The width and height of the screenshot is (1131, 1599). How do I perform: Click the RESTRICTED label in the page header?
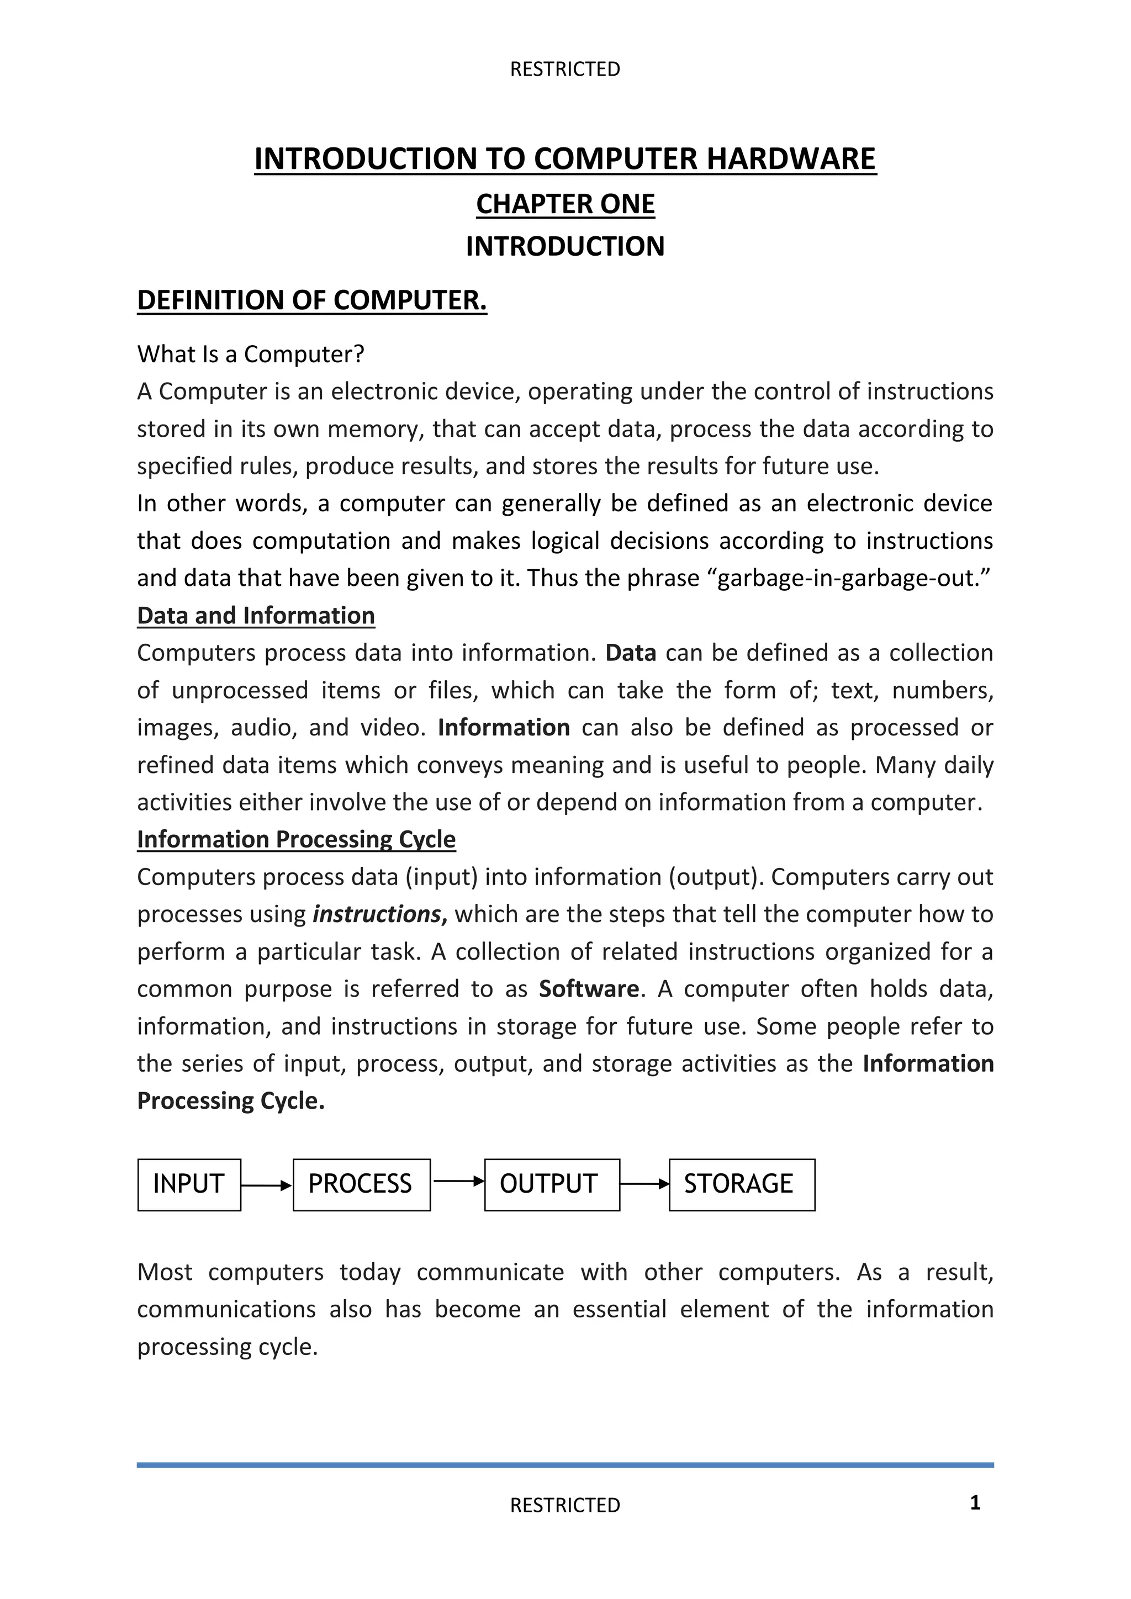[x=565, y=69]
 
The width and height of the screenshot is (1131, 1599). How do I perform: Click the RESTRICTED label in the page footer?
[x=565, y=1505]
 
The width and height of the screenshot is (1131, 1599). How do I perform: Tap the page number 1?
[x=975, y=1502]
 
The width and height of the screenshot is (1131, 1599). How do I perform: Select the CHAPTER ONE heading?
[x=565, y=204]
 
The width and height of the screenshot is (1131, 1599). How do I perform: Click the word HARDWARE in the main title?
[x=791, y=159]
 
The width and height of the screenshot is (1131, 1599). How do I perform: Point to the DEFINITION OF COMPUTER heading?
[x=311, y=300]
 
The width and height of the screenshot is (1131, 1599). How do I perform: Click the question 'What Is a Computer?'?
[x=251, y=354]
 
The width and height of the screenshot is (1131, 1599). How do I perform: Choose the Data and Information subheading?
[x=256, y=616]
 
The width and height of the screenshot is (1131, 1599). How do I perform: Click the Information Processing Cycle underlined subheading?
[x=296, y=839]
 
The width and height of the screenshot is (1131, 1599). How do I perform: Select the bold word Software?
[x=589, y=989]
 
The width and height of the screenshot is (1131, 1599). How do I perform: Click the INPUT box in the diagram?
[x=189, y=1185]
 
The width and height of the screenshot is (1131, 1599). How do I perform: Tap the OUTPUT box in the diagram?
[x=551, y=1185]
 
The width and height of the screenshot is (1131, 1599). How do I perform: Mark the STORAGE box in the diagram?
[x=741, y=1185]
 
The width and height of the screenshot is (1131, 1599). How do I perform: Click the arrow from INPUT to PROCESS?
[x=266, y=1185]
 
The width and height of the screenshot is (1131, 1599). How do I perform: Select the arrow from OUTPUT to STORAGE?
[x=644, y=1184]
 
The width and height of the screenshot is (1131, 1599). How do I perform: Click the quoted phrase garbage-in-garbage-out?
[x=853, y=578]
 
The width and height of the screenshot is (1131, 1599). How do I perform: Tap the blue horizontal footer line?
[x=565, y=1465]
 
